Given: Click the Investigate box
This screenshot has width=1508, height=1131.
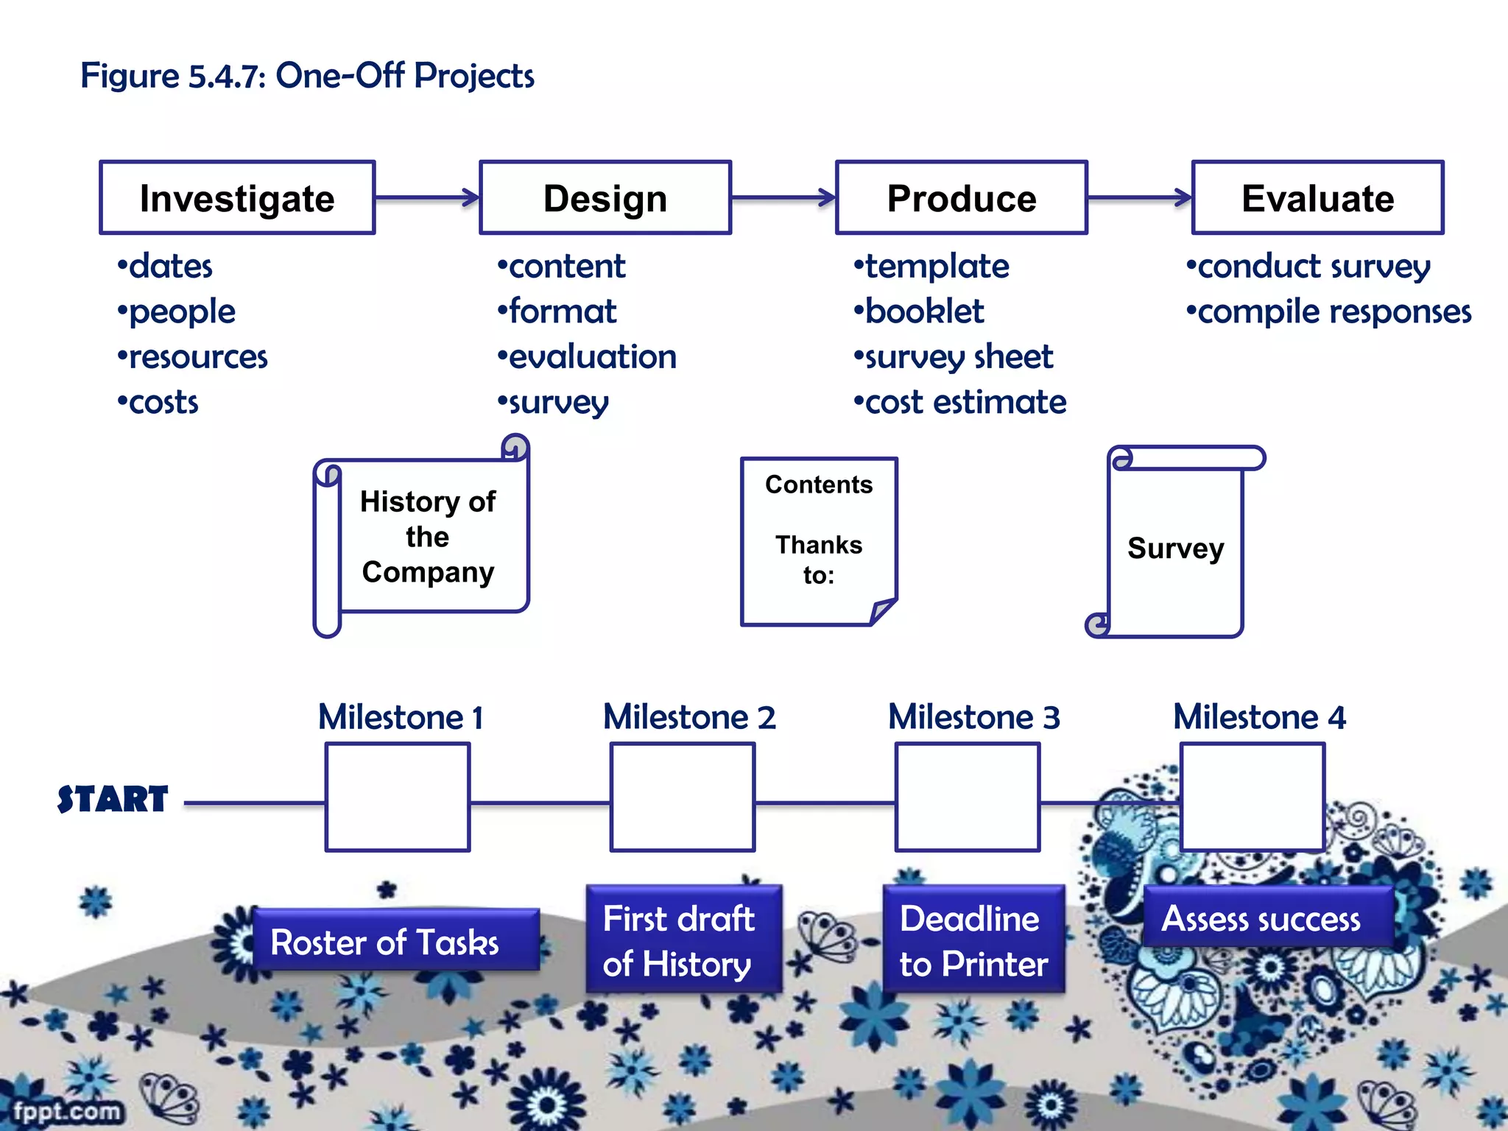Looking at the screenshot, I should pyautogui.click(x=237, y=198).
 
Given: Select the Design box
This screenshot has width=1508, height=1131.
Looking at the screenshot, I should pyautogui.click(x=605, y=198).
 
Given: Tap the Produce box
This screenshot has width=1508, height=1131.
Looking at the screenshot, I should pyautogui.click(x=961, y=198).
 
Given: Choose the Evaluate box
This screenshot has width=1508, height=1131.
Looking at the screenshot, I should pyautogui.click(x=1317, y=198).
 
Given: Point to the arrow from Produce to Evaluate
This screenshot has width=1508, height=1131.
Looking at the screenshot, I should pyautogui.click(x=1139, y=197).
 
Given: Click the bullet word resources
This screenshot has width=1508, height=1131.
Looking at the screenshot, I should pyautogui.click(x=197, y=357).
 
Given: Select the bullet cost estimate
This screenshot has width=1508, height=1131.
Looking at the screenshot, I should pyautogui.click(x=965, y=403).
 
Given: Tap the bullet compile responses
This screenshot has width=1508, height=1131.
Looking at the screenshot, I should pyautogui.click(x=1333, y=312).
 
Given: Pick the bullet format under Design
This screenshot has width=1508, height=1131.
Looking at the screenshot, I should pyautogui.click(x=562, y=311).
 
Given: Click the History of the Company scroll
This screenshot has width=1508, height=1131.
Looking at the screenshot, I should pyautogui.click(x=427, y=537).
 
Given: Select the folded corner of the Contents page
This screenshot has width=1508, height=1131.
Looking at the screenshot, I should pyautogui.click(x=881, y=611).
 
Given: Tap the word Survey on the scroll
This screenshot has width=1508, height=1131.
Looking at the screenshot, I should pyautogui.click(x=1175, y=549).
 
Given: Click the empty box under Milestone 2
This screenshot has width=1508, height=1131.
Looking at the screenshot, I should pyautogui.click(x=683, y=797).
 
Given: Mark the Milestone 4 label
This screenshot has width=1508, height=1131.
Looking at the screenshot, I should pyautogui.click(x=1259, y=717).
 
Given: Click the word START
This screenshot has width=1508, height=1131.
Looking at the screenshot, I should pyautogui.click(x=113, y=800).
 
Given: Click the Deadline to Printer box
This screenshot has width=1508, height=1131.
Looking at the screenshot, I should pyautogui.click(x=973, y=940).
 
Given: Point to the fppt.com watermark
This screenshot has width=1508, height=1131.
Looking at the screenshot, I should pyautogui.click(x=66, y=1110).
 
